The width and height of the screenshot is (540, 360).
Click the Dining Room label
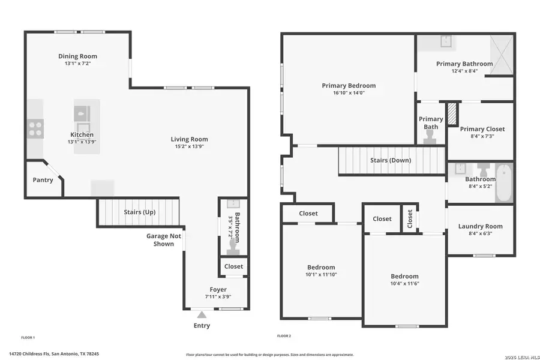point(78,56)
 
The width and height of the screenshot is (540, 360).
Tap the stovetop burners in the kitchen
point(35,128)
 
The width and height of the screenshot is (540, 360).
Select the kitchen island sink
point(82,113)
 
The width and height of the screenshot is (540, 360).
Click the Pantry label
point(43,180)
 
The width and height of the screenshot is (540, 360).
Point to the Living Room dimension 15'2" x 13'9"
point(189,146)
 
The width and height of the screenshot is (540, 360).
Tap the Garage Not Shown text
point(164,239)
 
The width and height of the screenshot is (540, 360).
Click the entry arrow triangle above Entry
point(202,314)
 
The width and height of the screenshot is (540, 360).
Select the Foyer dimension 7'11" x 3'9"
point(218,296)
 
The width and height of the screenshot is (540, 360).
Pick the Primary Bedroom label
point(349,86)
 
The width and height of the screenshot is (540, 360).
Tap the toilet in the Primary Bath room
point(430,137)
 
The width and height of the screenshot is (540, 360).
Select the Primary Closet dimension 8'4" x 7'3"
point(482,136)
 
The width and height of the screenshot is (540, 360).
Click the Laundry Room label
point(480,226)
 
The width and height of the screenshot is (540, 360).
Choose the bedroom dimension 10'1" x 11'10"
point(321,275)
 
